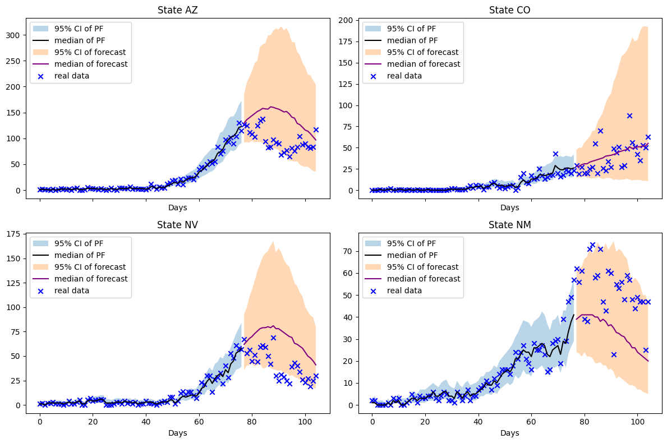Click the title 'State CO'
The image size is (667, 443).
509,10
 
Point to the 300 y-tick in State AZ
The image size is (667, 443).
16,35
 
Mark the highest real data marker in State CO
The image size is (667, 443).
629,116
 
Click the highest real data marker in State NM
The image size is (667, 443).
592,245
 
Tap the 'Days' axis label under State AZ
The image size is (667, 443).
177,208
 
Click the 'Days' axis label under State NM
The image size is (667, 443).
509,433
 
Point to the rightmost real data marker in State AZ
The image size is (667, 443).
316,130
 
